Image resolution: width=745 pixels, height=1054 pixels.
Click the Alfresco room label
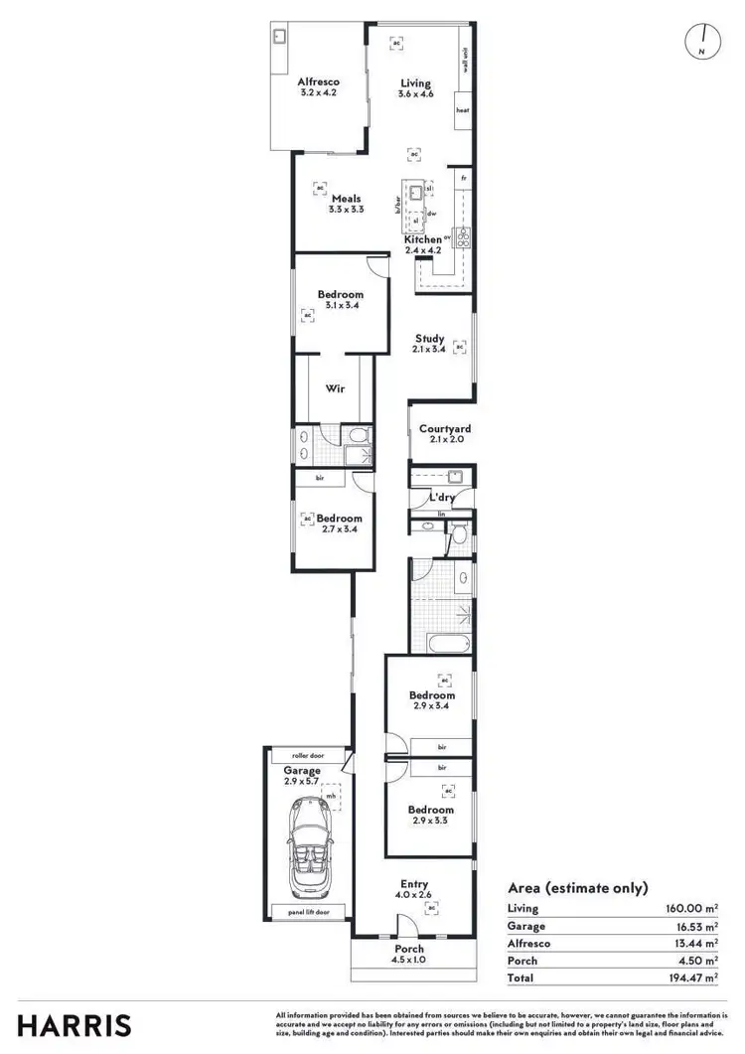[x=319, y=81]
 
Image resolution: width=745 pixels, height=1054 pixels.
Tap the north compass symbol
[x=701, y=39]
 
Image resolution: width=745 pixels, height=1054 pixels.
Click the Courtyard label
[x=444, y=429]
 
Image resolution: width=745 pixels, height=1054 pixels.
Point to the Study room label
[x=429, y=339]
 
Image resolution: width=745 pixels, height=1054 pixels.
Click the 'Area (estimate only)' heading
[x=577, y=888]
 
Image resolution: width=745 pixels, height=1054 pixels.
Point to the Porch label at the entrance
[x=409, y=949]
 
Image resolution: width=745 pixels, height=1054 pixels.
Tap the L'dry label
[x=441, y=498]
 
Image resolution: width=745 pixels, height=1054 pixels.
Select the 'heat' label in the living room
[x=462, y=110]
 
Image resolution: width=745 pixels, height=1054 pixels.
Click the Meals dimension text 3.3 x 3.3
[x=346, y=210]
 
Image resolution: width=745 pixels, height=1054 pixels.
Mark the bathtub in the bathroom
[x=449, y=643]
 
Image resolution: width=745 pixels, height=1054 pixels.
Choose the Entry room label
[x=414, y=884]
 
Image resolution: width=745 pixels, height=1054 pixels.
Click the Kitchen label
[x=422, y=239]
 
